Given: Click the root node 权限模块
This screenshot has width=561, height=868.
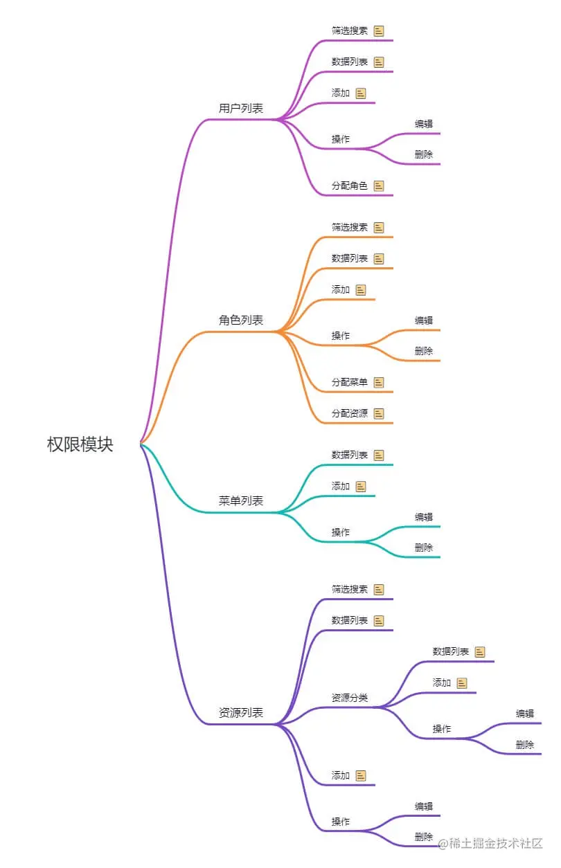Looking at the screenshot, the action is pyautogui.click(x=80, y=444).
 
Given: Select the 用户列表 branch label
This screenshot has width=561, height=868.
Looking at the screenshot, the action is pyautogui.click(x=241, y=109).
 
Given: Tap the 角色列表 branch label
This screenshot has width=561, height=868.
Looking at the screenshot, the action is pyautogui.click(x=241, y=320).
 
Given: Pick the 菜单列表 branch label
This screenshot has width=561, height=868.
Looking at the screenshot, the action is pyautogui.click(x=241, y=501).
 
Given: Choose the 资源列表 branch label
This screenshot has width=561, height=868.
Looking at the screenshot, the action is pyautogui.click(x=241, y=713).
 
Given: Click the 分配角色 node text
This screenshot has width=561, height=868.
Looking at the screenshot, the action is pyautogui.click(x=350, y=186).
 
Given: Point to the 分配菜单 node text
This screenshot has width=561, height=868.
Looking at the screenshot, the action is pyautogui.click(x=350, y=382).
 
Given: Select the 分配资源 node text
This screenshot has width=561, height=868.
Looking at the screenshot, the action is pyautogui.click(x=350, y=413).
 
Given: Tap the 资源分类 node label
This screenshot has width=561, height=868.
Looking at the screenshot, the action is pyautogui.click(x=350, y=698).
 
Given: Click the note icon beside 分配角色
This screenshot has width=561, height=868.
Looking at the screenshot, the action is pyautogui.click(x=379, y=186).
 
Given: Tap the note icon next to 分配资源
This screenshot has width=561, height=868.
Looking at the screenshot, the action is pyautogui.click(x=379, y=413).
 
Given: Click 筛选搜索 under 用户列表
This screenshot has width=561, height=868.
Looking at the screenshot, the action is pyautogui.click(x=350, y=31).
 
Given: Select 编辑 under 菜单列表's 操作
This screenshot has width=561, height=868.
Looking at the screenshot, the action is pyautogui.click(x=424, y=517).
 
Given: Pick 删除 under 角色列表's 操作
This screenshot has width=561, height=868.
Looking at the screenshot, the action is pyautogui.click(x=424, y=351).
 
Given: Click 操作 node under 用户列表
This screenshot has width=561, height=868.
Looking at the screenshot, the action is pyautogui.click(x=341, y=139).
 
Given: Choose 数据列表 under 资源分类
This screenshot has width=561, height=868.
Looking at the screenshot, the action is pyautogui.click(x=451, y=651).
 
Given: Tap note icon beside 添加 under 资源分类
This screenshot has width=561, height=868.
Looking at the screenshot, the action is pyautogui.click(x=462, y=683).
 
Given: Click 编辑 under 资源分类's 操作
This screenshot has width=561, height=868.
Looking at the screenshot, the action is pyautogui.click(x=525, y=714).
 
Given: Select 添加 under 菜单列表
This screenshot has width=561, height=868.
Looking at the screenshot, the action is pyautogui.click(x=341, y=486).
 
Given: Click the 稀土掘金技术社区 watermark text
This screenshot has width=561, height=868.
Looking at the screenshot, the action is pyautogui.click(x=495, y=843).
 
